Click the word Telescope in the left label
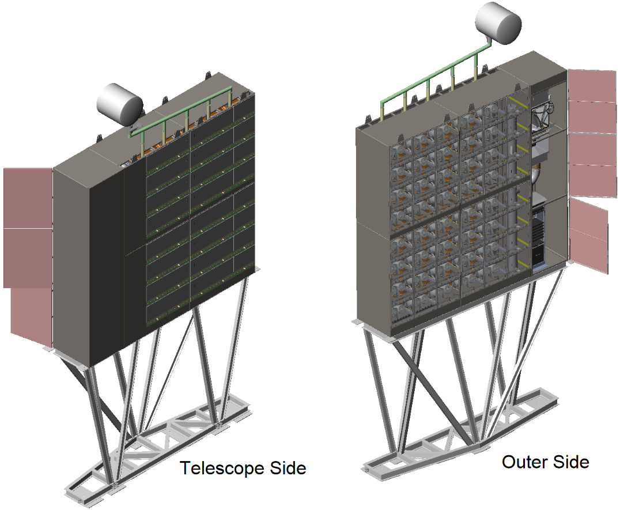click(216, 468)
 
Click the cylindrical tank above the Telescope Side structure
click(119, 104)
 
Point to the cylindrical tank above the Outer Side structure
click(498, 22)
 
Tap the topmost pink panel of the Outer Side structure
click(592, 85)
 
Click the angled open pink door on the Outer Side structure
click(588, 236)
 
